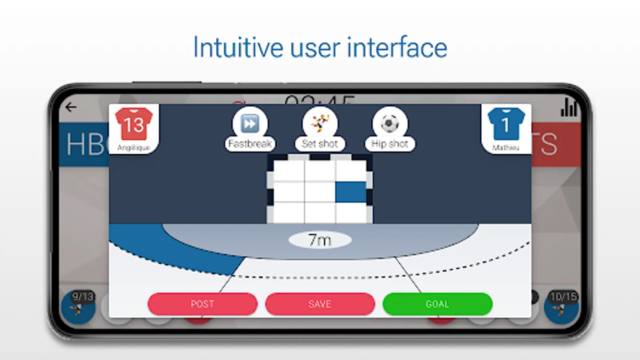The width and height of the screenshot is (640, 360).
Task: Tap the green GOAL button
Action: (437, 304)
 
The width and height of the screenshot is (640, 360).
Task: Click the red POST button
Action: (202, 304)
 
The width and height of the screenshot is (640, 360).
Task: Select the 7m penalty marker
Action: (320, 240)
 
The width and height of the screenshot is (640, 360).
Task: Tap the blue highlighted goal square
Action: (351, 192)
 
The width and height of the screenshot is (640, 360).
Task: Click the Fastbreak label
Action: (250, 144)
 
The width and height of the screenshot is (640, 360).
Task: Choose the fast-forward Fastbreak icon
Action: (250, 123)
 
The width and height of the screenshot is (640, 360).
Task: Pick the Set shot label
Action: (320, 144)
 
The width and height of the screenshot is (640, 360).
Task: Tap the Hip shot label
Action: (390, 144)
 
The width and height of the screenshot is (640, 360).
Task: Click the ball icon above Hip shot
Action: (390, 123)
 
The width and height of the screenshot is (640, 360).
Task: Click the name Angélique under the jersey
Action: (134, 148)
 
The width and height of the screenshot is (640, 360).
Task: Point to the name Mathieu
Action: (506, 148)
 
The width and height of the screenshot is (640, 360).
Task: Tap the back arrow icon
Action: (71, 107)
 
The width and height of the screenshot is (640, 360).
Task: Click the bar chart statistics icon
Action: (569, 107)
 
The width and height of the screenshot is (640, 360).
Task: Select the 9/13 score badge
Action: (82, 297)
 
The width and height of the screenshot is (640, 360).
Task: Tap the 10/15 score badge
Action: (563, 297)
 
